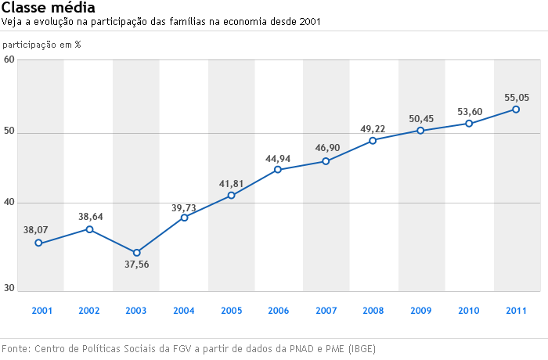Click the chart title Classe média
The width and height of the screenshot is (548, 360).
pyautogui.click(x=49, y=8)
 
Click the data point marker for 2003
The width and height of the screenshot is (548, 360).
pyautogui.click(x=136, y=253)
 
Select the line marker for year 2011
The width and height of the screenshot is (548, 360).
pyautogui.click(x=516, y=110)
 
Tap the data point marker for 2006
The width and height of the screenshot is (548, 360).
pyautogui.click(x=278, y=170)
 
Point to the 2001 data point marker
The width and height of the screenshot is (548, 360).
pyautogui.click(x=38, y=243)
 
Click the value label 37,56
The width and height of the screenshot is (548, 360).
pyautogui.click(x=136, y=265)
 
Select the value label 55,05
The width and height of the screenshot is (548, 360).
pyautogui.click(x=517, y=98)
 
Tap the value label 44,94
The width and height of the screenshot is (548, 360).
pyautogui.click(x=278, y=159)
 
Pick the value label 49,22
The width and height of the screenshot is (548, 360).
pyautogui.click(x=373, y=129)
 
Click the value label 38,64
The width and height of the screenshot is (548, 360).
pyautogui.click(x=90, y=217)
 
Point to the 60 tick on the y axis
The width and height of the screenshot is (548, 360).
pyautogui.click(x=9, y=59)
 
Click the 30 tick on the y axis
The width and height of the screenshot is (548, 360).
pyautogui.click(x=9, y=289)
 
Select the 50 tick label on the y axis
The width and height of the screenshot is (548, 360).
pyautogui.click(x=9, y=132)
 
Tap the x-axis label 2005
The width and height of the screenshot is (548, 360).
pyautogui.click(x=231, y=311)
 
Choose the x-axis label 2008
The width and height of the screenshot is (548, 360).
pyautogui.click(x=373, y=311)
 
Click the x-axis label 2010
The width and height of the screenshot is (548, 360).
pyautogui.click(x=468, y=311)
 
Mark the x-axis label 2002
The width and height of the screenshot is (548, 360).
pyautogui.click(x=88, y=311)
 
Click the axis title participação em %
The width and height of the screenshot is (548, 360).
pyautogui.click(x=41, y=45)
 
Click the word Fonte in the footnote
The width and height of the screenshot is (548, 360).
pyautogui.click(x=16, y=348)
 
